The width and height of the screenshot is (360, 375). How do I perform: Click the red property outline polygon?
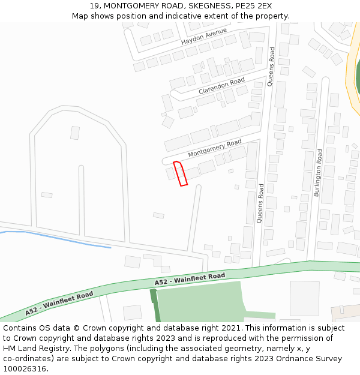pos(180,173)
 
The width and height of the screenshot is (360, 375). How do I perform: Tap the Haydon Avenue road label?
pos(204,37)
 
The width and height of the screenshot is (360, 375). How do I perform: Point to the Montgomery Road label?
pos(214,148)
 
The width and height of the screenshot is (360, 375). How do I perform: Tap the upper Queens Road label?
pos(271,66)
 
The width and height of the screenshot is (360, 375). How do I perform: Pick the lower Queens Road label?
pos(260,203)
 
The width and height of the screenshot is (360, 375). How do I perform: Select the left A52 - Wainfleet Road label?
pos(59,304)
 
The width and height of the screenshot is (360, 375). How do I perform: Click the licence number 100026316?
pos(25,369)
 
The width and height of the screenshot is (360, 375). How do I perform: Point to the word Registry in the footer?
pos(70,349)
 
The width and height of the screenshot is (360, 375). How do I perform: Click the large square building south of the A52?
pos(305,298)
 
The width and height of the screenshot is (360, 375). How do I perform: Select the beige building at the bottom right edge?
pos(345,312)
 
